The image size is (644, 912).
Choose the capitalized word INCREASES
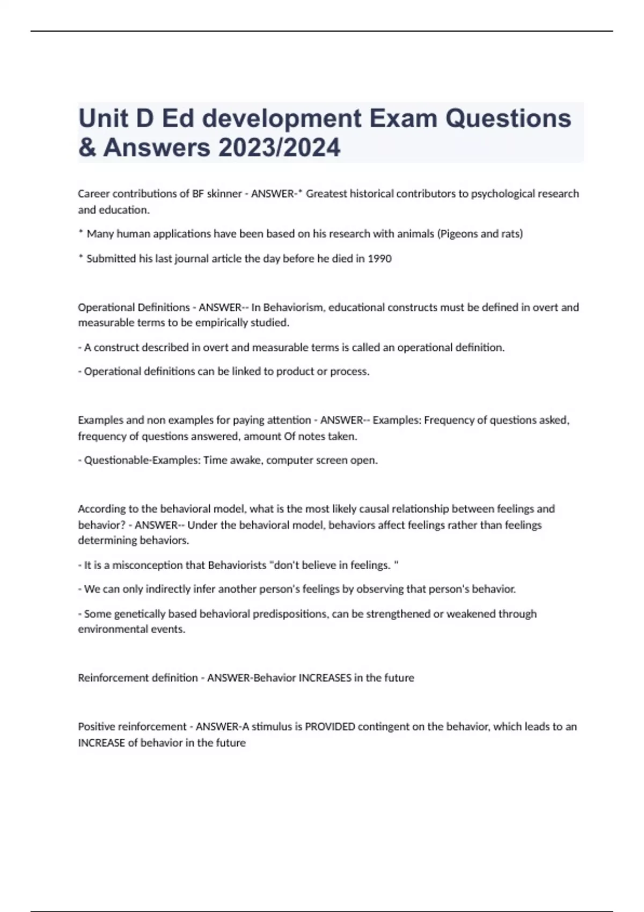tap(325, 678)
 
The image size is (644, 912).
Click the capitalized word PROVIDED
tap(330, 727)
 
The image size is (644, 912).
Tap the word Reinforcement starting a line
tap(111, 678)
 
